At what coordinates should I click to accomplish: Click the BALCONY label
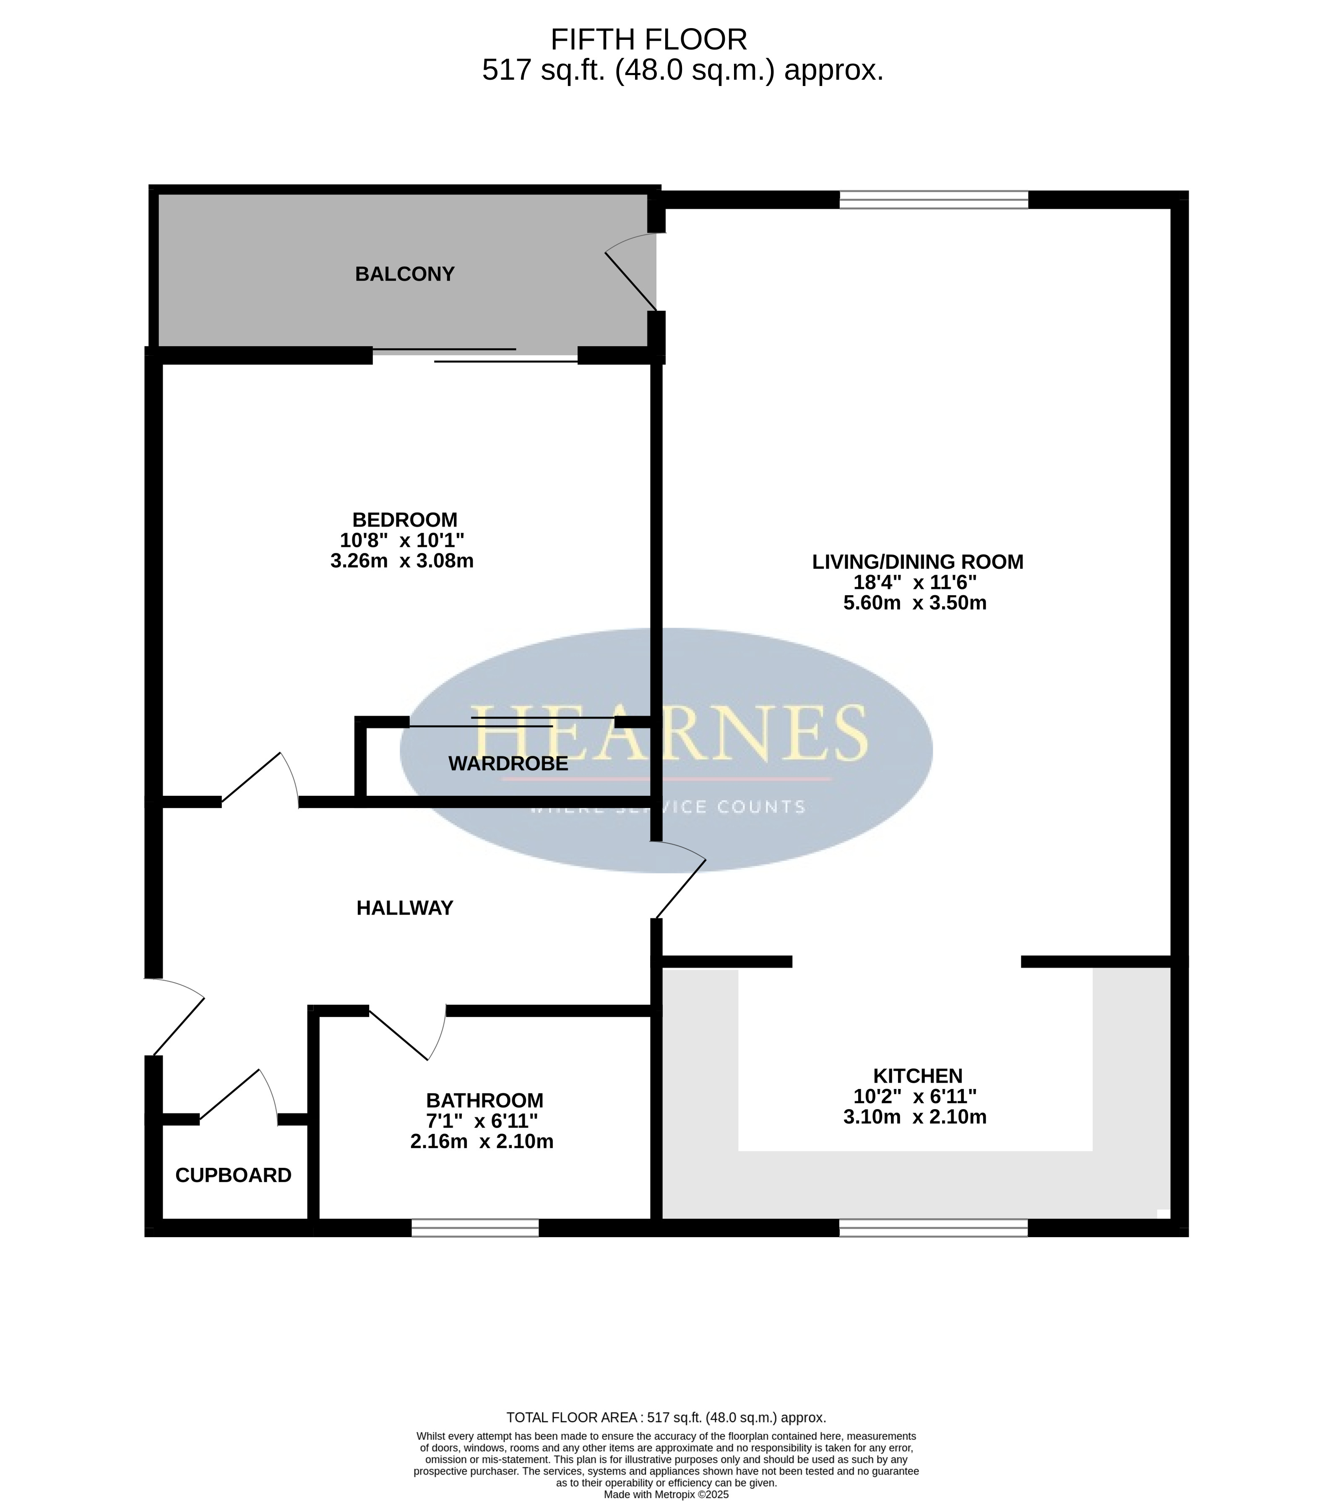pyautogui.click(x=405, y=274)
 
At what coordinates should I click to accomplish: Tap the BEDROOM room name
pyautogui.click(x=405, y=520)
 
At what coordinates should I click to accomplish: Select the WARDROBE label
pyautogui.click(x=508, y=764)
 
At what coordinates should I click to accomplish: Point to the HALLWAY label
pyautogui.click(x=405, y=908)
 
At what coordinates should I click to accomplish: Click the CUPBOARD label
pyautogui.click(x=234, y=1176)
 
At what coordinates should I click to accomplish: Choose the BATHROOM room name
pyautogui.click(x=485, y=1101)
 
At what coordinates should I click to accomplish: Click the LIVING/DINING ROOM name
pyautogui.click(x=917, y=562)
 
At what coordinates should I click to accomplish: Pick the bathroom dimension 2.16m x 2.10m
pyautogui.click(x=482, y=1142)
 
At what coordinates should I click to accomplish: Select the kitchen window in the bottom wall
pyautogui.click(x=933, y=1228)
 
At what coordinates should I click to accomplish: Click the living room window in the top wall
pyautogui.click(x=933, y=200)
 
